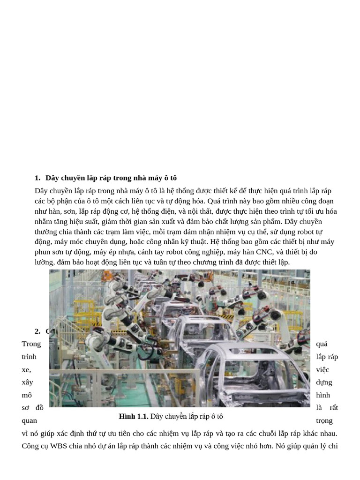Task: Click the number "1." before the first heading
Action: tap(37, 178)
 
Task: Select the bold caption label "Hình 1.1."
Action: tap(133, 416)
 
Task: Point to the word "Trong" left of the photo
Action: tap(31, 344)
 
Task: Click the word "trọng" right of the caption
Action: tap(324, 420)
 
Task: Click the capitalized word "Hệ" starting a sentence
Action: tap(216, 232)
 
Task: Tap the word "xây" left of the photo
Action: tap(27, 382)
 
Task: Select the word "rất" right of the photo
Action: tap(333, 407)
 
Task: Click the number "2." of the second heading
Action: tap(37, 331)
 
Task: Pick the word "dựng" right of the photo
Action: tap(324, 382)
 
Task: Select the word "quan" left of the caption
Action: tap(30, 420)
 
